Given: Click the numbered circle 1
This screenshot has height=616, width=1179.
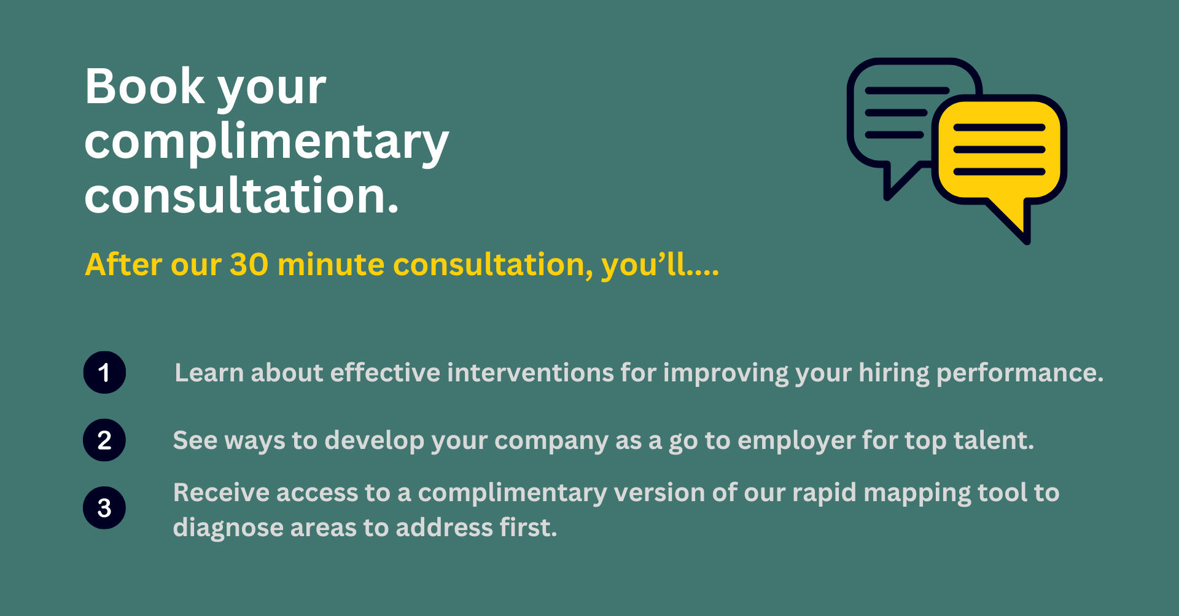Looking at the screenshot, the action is click(x=104, y=372).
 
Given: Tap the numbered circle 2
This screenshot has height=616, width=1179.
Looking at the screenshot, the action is click(x=104, y=440).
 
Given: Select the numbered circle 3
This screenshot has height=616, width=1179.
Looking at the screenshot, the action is click(x=104, y=508).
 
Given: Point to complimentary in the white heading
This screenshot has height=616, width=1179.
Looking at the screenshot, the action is click(x=267, y=142).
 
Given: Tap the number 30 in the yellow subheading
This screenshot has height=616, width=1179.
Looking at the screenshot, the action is click(x=249, y=264).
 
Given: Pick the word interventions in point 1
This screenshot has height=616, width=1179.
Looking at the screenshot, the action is click(x=530, y=373).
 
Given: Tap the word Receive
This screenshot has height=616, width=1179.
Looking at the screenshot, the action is click(x=221, y=493).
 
